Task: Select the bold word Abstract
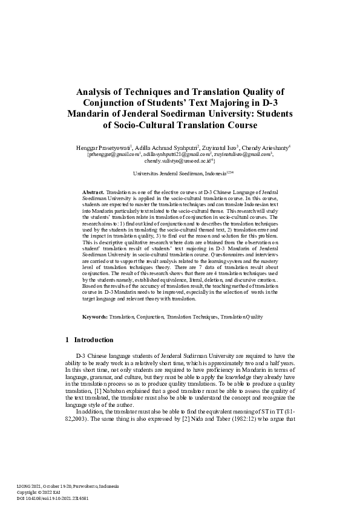pos(93,192)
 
